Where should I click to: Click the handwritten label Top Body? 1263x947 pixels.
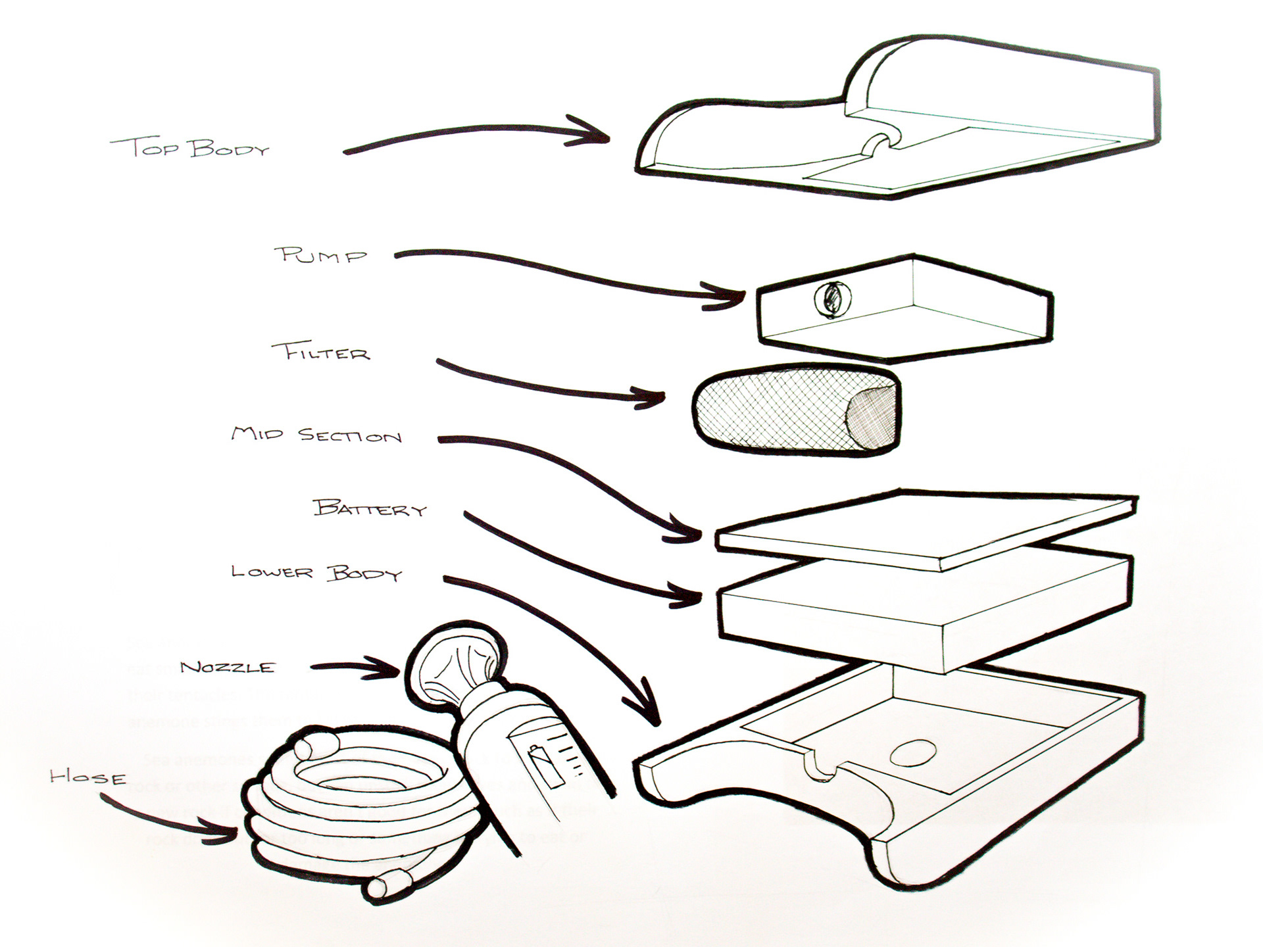coord(190,147)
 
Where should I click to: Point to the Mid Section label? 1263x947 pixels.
coord(316,435)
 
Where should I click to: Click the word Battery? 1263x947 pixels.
coord(370,508)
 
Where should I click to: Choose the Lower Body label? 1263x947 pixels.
coord(316,572)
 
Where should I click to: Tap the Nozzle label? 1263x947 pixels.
coord(227,667)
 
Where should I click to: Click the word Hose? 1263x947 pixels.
coord(88,777)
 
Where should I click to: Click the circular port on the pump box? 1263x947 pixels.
coord(831,299)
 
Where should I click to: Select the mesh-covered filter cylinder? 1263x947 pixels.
coord(776,409)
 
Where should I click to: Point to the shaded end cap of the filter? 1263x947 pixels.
coord(872,418)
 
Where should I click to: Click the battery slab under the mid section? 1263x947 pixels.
coord(921,608)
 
